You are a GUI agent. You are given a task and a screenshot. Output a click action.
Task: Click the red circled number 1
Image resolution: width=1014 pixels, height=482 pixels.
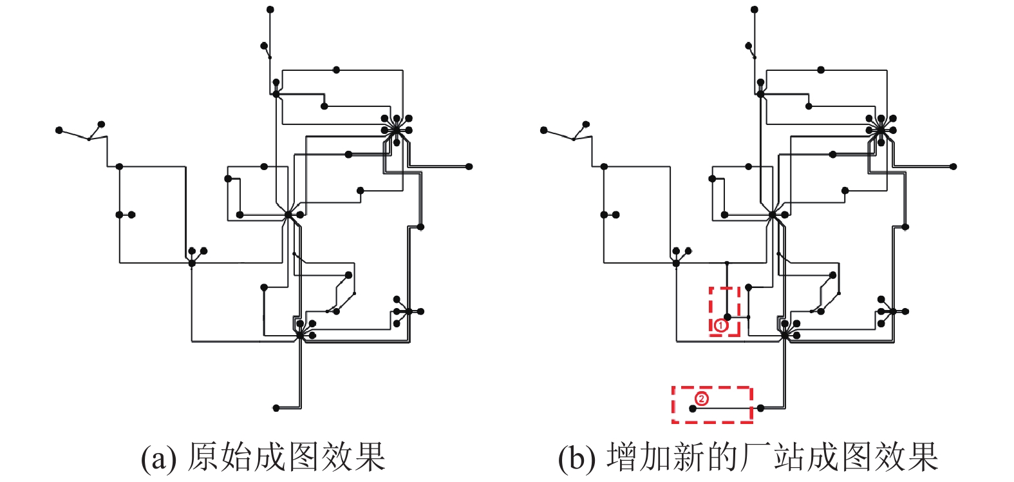pyautogui.click(x=720, y=325)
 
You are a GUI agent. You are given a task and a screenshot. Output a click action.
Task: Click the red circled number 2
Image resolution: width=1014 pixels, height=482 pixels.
pyautogui.click(x=701, y=399)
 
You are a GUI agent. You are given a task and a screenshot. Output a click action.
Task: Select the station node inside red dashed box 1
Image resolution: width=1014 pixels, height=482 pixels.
pyautogui.click(x=728, y=317)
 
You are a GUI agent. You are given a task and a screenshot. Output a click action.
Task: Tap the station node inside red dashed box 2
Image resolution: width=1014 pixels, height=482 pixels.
pyautogui.click(x=693, y=409)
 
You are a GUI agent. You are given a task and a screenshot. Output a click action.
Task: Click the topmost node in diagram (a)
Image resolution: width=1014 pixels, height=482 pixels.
pyautogui.click(x=270, y=10)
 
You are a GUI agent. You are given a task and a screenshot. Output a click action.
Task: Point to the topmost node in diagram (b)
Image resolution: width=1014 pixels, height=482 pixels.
pyautogui.click(x=755, y=10)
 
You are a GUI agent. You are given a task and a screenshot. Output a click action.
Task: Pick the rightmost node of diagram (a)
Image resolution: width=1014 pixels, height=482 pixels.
pyautogui.click(x=469, y=167)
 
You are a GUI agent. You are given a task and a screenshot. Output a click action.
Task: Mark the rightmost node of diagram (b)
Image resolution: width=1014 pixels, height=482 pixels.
pyautogui.click(x=953, y=167)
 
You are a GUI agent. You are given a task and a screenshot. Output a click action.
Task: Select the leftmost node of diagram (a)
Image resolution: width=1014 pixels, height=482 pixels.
pyautogui.click(x=59, y=130)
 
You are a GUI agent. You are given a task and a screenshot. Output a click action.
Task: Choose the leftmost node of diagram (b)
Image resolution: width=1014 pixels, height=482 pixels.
pyautogui.click(x=543, y=130)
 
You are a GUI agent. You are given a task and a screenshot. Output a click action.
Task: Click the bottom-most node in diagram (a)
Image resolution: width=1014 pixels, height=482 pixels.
pyautogui.click(x=276, y=408)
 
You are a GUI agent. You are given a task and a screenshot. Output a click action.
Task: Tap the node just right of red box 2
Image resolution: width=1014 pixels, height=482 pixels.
pyautogui.click(x=760, y=408)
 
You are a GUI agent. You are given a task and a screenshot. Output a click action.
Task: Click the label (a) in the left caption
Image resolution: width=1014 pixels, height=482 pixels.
pyautogui.click(x=158, y=458)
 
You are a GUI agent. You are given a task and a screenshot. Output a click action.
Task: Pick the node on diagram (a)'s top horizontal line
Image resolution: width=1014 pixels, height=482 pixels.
pyautogui.click(x=336, y=70)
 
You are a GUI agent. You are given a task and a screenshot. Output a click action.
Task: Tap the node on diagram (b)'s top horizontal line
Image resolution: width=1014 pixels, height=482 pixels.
pyautogui.click(x=821, y=70)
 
